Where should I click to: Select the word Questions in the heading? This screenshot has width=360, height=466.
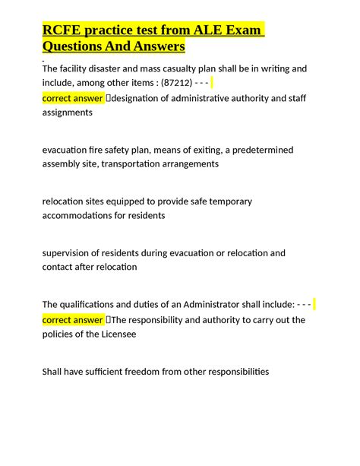[x=78, y=47]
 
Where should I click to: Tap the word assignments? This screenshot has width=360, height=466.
[x=67, y=112]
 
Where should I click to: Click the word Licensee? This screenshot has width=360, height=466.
[x=116, y=334]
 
